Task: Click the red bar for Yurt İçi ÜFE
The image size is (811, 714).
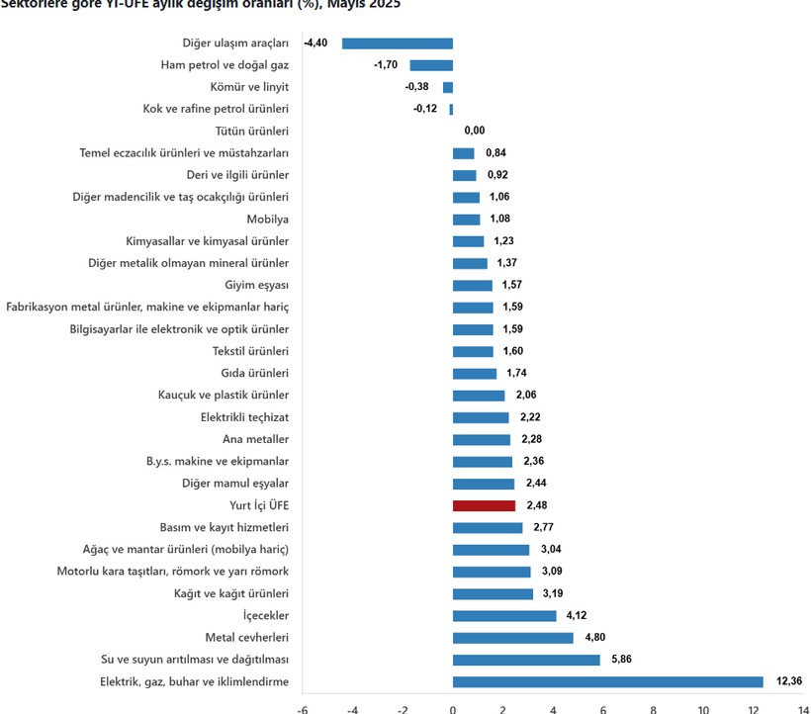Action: tap(484, 505)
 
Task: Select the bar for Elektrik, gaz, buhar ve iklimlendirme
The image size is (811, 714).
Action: tap(607, 681)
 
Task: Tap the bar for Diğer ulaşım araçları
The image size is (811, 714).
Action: tap(397, 44)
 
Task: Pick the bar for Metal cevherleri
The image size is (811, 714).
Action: tap(512, 638)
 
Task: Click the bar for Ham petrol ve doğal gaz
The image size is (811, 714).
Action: tap(431, 65)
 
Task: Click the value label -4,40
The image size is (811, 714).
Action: tap(315, 44)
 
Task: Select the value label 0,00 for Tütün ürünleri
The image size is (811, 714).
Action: tap(475, 131)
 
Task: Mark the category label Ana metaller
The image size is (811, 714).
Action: tap(255, 439)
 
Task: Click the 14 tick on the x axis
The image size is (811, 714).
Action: tap(803, 708)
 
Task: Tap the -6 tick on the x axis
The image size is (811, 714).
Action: tap(302, 708)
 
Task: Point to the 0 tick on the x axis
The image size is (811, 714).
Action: tap(452, 708)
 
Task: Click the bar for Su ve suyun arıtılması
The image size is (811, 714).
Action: tap(526, 660)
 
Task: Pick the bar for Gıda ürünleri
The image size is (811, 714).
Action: tap(475, 373)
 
